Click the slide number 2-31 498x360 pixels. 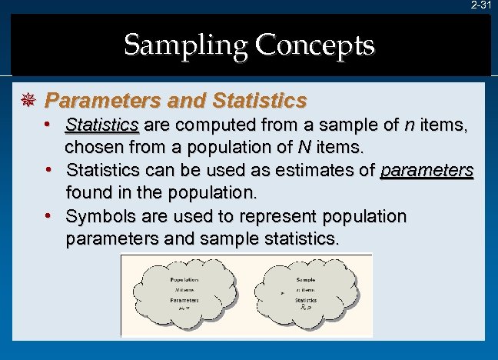tap(481, 5)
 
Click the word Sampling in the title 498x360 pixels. tap(183, 45)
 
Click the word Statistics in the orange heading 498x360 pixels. tap(257, 101)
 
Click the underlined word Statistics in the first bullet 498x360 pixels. tap(102, 125)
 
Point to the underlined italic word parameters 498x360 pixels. tap(427, 169)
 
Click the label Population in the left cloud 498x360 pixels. tap(184, 280)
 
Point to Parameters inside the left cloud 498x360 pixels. tap(184, 300)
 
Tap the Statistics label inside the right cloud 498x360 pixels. tap(306, 301)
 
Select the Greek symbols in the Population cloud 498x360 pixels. tap(184, 307)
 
